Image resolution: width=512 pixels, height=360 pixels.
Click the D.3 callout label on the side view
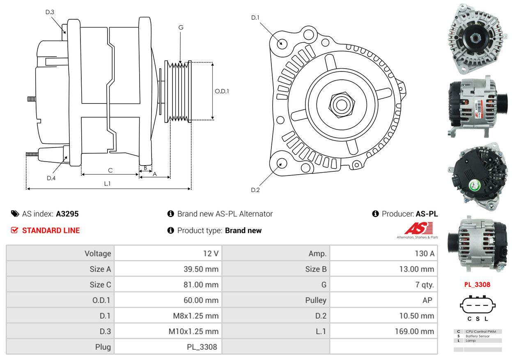tap(50, 12)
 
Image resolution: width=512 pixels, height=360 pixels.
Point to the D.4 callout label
tap(51, 178)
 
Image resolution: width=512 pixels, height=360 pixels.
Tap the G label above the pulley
tap(181, 28)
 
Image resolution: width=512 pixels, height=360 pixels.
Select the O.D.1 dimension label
tap(222, 91)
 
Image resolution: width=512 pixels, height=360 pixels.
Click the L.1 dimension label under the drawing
tap(107, 184)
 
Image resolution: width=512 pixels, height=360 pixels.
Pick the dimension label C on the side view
tap(110, 170)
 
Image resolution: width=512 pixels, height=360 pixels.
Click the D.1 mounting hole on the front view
tap(281, 43)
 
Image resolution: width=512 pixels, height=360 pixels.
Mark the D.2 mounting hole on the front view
tap(281, 163)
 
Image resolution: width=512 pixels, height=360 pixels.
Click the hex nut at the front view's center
tap(340, 104)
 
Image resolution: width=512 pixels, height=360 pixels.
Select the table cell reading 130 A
tap(425, 254)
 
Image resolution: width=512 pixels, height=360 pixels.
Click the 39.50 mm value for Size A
tap(201, 269)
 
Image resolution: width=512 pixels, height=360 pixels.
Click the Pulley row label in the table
tap(316, 300)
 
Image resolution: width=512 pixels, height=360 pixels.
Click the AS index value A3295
tap(67, 214)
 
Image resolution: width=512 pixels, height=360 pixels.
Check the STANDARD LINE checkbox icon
tap(14, 231)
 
